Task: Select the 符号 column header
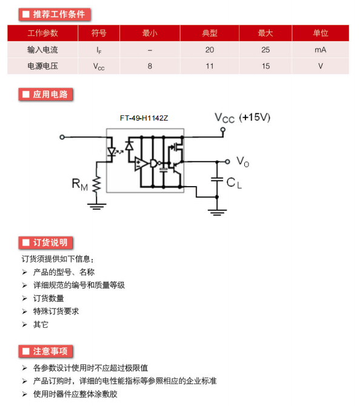point(99,33)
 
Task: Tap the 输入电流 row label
point(42,50)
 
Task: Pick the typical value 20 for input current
point(210,50)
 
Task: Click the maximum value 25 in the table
point(265,50)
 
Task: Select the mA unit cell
point(321,50)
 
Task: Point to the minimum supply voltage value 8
point(150,66)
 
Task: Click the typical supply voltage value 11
point(210,66)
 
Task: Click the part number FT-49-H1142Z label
point(144,118)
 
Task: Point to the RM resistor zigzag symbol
point(96,184)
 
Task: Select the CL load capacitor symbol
point(217,179)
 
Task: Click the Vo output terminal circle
point(227,162)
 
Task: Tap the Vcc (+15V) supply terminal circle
point(223,130)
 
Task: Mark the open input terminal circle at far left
point(62,137)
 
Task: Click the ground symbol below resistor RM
point(96,207)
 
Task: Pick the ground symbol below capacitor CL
point(217,213)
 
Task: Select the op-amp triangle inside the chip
point(141,164)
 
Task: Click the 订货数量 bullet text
point(48,298)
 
